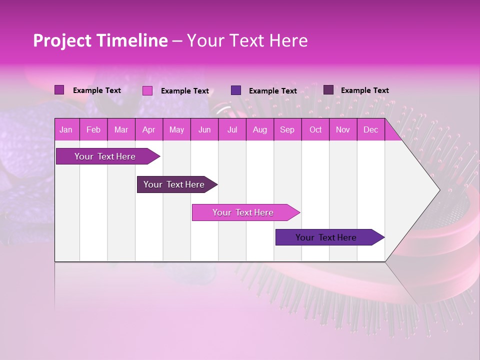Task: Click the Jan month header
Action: (x=66, y=130)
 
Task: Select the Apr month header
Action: (x=149, y=130)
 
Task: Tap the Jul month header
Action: (x=232, y=130)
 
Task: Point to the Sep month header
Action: (x=287, y=130)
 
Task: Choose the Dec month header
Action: (x=370, y=130)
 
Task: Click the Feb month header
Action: (x=93, y=130)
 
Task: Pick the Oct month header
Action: (x=315, y=130)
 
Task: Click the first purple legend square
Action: (x=59, y=90)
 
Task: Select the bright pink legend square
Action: (x=147, y=90)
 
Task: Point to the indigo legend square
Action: (x=236, y=90)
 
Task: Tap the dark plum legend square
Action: (x=328, y=90)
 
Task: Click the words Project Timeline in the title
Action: (x=100, y=40)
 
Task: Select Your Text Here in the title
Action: (x=247, y=40)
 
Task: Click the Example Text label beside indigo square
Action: (x=272, y=91)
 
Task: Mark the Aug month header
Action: (x=259, y=130)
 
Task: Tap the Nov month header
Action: (x=343, y=130)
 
